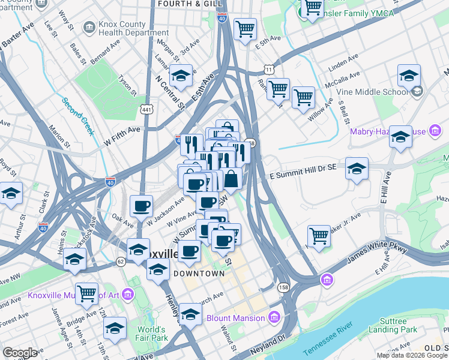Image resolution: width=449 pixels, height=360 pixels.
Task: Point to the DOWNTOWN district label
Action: point(199,273)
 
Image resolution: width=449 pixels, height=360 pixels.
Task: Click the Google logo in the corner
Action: point(20,353)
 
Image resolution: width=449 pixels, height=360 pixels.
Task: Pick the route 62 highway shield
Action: point(121,261)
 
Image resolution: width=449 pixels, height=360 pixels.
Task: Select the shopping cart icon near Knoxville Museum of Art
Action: point(87,293)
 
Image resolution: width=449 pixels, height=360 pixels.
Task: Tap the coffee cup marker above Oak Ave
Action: point(142,206)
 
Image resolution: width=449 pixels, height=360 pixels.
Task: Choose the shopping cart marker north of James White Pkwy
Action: point(319,235)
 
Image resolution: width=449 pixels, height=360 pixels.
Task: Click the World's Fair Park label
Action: point(151,334)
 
